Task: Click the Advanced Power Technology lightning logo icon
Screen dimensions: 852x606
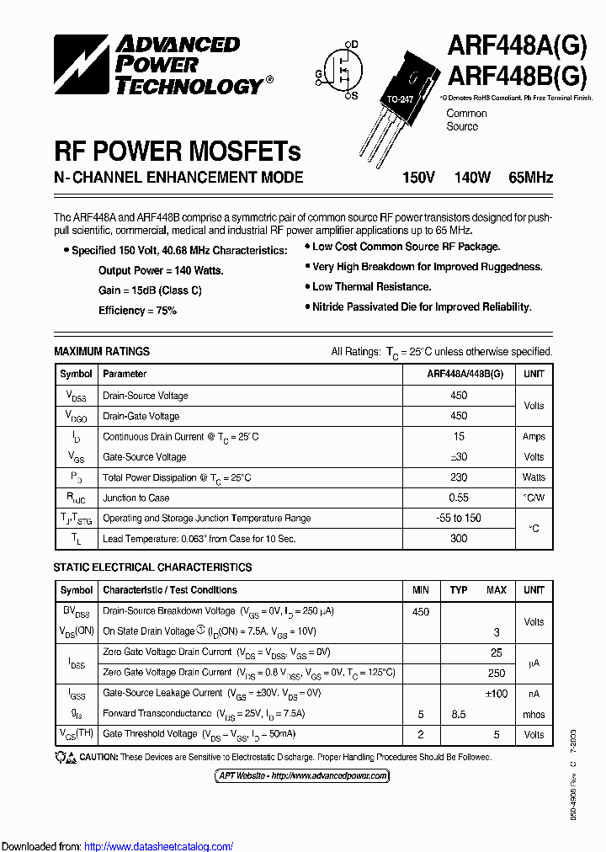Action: tap(81, 64)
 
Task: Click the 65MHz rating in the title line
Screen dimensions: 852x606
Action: tap(530, 177)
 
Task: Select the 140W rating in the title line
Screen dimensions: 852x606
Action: tap(472, 177)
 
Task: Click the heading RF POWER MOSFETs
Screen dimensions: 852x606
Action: tap(177, 152)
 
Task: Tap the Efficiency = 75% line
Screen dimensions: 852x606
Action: tap(137, 311)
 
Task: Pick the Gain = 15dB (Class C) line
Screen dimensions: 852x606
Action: tap(150, 290)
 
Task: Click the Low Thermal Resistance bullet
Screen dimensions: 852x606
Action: tap(371, 287)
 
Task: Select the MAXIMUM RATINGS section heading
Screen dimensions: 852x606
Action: tap(102, 351)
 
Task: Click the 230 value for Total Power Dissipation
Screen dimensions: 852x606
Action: tap(459, 477)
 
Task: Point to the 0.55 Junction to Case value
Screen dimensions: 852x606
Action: tap(459, 498)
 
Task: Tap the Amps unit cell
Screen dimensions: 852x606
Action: tap(534, 437)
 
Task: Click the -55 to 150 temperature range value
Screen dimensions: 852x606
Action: tap(459, 518)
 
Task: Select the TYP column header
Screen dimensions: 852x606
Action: tap(459, 590)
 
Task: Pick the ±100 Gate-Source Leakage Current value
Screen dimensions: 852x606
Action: tap(497, 693)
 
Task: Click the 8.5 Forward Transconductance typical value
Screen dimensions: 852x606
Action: tap(459, 714)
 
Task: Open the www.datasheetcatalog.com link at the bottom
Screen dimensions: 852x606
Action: tap(159, 846)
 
